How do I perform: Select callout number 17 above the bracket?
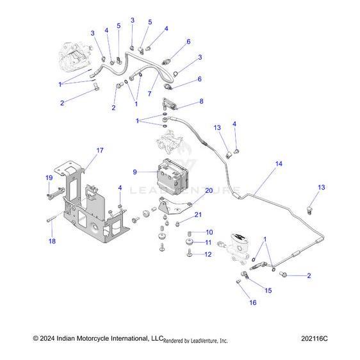(100, 151)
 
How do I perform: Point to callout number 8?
(201, 101)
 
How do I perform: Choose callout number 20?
(208, 191)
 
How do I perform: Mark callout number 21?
(199, 215)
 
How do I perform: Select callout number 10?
(209, 232)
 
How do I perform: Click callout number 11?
(209, 242)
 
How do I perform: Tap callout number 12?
(209, 254)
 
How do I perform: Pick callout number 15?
(268, 290)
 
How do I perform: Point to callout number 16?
(252, 302)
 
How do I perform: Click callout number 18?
(53, 241)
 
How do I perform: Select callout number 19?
(49, 177)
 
